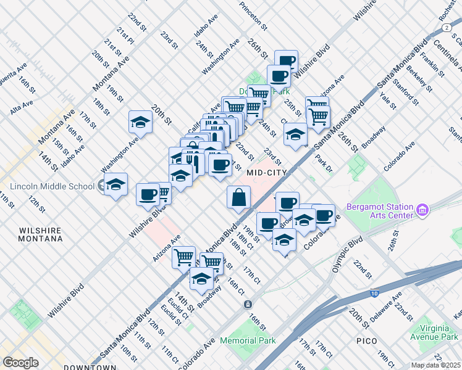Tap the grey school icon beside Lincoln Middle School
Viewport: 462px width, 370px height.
(x=100, y=186)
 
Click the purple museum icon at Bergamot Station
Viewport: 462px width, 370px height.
(x=422, y=211)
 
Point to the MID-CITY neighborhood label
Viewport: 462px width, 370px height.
(x=267, y=173)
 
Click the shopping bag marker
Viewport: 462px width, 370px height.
(x=238, y=198)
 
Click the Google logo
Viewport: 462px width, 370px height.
(x=20, y=363)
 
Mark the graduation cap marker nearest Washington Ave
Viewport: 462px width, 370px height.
(x=141, y=122)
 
